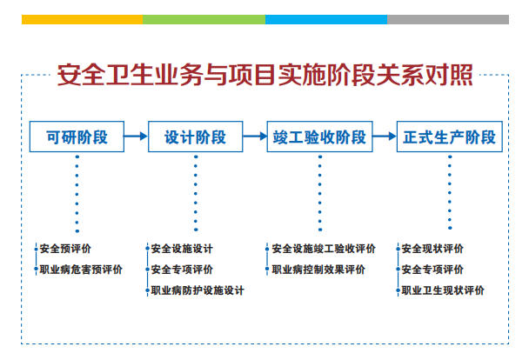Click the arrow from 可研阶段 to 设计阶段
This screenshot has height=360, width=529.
coord(136,137)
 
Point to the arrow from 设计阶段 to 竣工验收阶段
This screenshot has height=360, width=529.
coord(255,137)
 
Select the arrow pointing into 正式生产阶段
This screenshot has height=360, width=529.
coord(385,137)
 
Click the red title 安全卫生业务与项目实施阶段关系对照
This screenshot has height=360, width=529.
coord(264,75)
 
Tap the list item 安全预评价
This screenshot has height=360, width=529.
coord(65,249)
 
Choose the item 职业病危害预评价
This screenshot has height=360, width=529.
coord(81,270)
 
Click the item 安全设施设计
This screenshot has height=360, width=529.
coord(182,249)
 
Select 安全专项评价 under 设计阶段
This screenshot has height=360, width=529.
coord(182,270)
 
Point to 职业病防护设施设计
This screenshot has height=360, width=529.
coord(198,290)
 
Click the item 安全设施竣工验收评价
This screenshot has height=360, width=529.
coord(324,249)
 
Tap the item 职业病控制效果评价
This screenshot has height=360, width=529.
coord(318,270)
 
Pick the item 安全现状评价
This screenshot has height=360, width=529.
coord(432,249)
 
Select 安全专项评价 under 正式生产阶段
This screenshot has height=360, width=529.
coord(432,270)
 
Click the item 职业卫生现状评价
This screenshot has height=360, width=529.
coord(443,290)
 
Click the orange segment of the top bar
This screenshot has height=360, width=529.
coord(83,19)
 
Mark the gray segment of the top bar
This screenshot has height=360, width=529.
coord(448,19)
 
